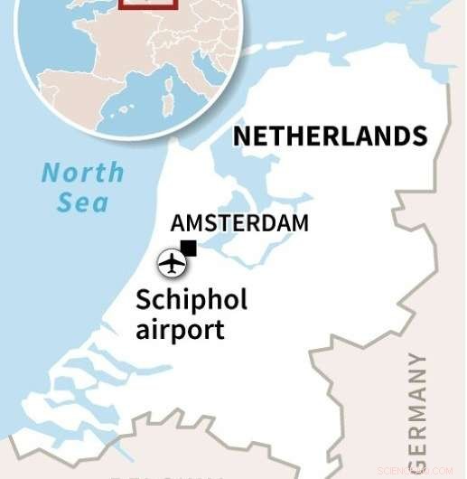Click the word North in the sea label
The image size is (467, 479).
click(x=83, y=172)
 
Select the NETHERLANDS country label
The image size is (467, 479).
click(x=330, y=136)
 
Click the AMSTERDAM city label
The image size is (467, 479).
click(x=239, y=223)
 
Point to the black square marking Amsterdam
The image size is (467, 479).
click(x=188, y=248)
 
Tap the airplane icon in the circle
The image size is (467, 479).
click(x=171, y=264)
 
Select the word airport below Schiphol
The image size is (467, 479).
click(x=180, y=329)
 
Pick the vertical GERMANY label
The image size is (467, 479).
click(x=416, y=411)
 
